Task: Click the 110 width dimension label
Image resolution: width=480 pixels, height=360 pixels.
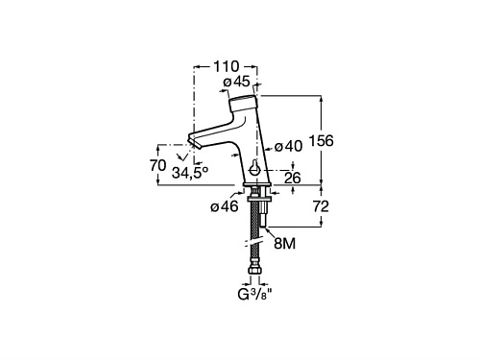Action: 226,66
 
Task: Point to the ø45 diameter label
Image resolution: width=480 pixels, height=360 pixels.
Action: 237,82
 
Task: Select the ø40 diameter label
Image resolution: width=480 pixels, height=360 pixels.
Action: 288,147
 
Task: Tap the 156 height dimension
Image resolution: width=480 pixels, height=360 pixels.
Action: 322,141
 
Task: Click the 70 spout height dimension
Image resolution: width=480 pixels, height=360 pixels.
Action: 158,165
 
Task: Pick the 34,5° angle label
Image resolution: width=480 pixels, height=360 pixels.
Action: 190,173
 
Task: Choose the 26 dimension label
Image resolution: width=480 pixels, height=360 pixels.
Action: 293,178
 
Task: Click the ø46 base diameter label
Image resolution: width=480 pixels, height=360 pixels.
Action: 225,206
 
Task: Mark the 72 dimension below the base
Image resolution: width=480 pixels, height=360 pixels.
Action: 321,206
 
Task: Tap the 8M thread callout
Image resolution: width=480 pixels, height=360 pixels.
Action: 284,244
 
